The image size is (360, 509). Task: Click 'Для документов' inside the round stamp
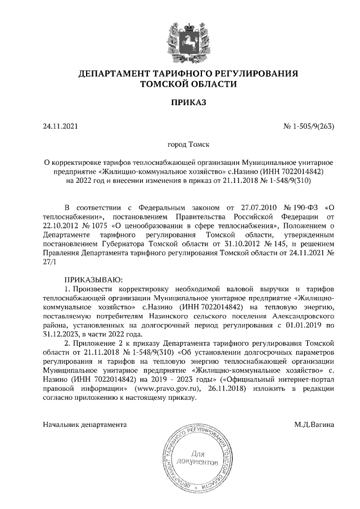pyautogui.click(x=198, y=458)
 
